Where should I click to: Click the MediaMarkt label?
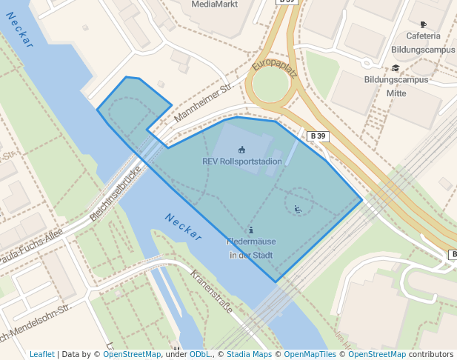[x=215, y=4]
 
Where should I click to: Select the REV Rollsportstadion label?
[x=242, y=161]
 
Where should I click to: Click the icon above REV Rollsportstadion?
[x=241, y=150]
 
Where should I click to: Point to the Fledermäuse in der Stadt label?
[x=251, y=249]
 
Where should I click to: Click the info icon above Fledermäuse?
[x=251, y=230]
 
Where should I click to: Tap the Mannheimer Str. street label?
[x=204, y=103]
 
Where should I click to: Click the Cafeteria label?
[x=423, y=36]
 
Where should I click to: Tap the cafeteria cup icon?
[x=423, y=24]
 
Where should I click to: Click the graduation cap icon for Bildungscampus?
[x=396, y=68]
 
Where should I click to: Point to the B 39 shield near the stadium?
[x=318, y=136]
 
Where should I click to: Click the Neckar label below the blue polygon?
[x=183, y=227]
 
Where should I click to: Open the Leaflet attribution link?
[x=42, y=354]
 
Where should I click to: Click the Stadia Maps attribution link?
[x=249, y=354]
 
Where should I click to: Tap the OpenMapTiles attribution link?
[x=310, y=354]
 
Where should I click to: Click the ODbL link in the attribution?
[x=200, y=354]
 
